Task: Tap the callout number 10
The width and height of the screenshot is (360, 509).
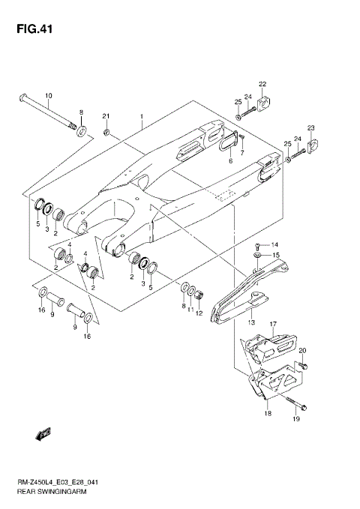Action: [49, 96]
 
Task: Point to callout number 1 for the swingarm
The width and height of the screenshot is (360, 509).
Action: [140, 118]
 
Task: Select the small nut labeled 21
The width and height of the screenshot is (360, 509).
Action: [108, 134]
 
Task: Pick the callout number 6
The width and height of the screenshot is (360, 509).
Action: [230, 160]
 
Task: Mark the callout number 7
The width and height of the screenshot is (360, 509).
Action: [241, 152]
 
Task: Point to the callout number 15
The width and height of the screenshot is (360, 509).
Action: [274, 256]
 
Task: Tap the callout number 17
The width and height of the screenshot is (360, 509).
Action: [274, 325]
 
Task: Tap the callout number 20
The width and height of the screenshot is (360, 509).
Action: [303, 350]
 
